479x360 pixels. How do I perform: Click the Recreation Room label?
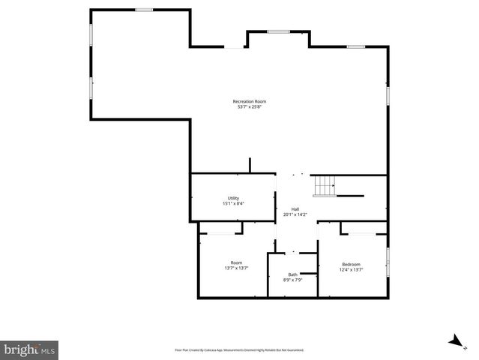pyautogui.click(x=249, y=101)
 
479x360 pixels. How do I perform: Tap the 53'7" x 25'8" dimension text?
pyautogui.click(x=249, y=106)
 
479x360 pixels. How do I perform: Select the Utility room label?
pyautogui.click(x=233, y=198)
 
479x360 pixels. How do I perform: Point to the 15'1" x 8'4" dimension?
pyautogui.click(x=233, y=203)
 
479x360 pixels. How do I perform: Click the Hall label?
pyautogui.click(x=295, y=209)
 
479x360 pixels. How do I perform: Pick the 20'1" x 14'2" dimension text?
pyautogui.click(x=295, y=214)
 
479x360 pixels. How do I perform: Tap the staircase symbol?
pyautogui.click(x=325, y=185)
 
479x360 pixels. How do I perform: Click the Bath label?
pyautogui.click(x=292, y=274)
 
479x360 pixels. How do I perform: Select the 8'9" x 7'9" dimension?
pyautogui.click(x=292, y=280)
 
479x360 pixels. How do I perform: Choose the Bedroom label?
pyautogui.click(x=352, y=264)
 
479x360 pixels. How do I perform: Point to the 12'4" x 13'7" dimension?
pyautogui.click(x=352, y=269)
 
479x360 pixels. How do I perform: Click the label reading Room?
pyautogui.click(x=236, y=262)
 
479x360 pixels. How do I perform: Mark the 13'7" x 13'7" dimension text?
pyautogui.click(x=236, y=268)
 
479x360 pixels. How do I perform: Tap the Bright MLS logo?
pyautogui.click(x=29, y=349)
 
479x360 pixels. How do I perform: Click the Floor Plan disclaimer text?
pyautogui.click(x=239, y=349)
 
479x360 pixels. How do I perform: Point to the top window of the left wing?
pyautogui.click(x=144, y=10)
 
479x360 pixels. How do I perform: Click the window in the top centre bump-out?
pyautogui.click(x=279, y=31)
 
